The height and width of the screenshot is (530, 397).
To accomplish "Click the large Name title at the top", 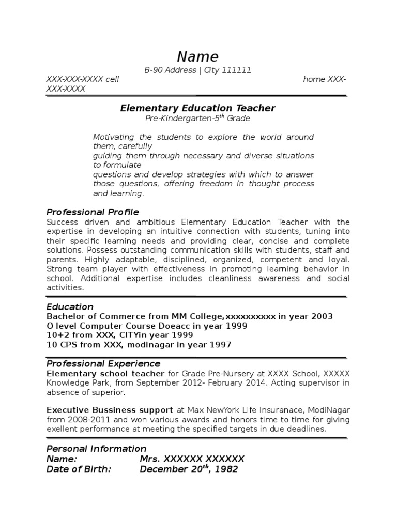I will click(x=198, y=56).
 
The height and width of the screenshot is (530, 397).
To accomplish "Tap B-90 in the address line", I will click(x=155, y=70).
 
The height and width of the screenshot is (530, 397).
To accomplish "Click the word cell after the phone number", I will click(x=112, y=79).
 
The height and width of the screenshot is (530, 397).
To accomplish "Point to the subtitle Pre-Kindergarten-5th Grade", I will click(x=198, y=119).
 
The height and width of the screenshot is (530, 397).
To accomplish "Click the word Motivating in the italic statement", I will click(x=114, y=137).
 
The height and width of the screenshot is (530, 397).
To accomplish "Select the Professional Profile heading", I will click(x=93, y=212).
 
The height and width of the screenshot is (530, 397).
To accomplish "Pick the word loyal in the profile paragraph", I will click(x=338, y=260).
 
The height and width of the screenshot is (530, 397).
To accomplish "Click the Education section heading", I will click(x=70, y=307).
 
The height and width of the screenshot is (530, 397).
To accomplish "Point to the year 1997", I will click(x=220, y=345).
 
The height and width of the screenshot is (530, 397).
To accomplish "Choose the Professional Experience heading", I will click(x=103, y=364).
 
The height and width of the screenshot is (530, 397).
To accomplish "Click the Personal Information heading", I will click(x=96, y=449).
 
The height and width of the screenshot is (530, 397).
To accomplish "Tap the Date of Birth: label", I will click(x=79, y=469).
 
